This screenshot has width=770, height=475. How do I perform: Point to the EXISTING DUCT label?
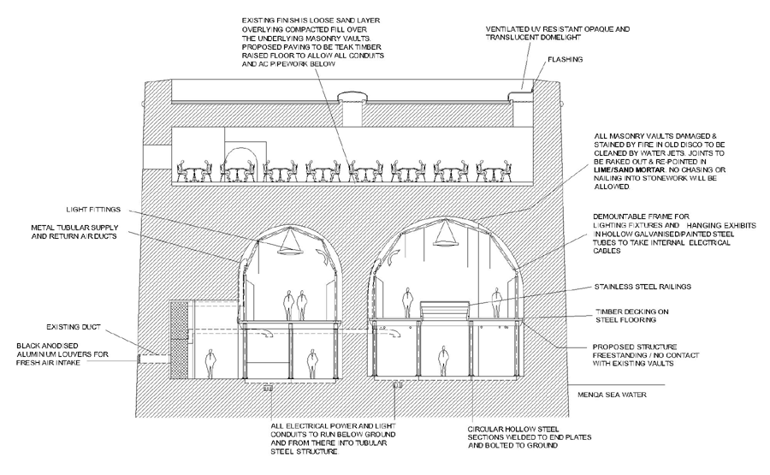75,326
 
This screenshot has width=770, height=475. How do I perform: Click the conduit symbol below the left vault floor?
268,388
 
